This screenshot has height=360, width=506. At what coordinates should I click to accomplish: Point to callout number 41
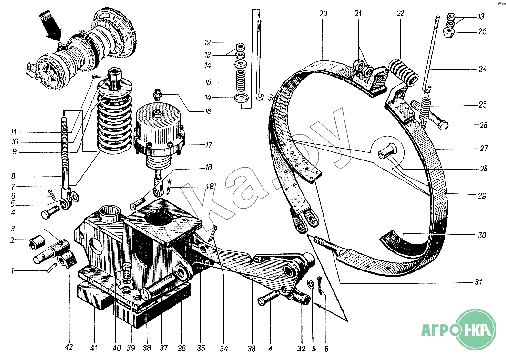point(93,348)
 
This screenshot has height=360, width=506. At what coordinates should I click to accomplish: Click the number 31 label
point(478,282)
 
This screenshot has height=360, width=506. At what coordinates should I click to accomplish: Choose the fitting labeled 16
point(158,94)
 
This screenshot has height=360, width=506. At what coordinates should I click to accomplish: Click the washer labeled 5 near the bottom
point(310,285)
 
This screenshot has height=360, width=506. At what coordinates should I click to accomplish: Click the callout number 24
point(483,69)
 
